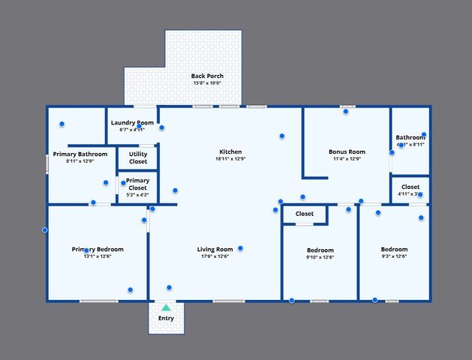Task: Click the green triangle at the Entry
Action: pyautogui.click(x=166, y=307)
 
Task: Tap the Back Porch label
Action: pyautogui.click(x=207, y=76)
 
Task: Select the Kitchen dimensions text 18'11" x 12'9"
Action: pyautogui.click(x=230, y=159)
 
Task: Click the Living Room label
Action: pyautogui.click(x=214, y=250)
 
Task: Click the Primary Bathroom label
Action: pyautogui.click(x=80, y=154)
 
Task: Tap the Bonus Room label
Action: pyautogui.click(x=347, y=151)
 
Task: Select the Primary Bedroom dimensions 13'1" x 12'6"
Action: pyautogui.click(x=87, y=257)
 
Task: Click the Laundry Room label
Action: pyautogui.click(x=133, y=122)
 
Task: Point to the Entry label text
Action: pyautogui.click(x=166, y=319)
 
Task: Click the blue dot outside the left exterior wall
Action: pyautogui.click(x=45, y=229)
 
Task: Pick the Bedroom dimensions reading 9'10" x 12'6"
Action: pyautogui.click(x=320, y=257)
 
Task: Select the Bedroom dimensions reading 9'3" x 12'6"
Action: pyautogui.click(x=394, y=257)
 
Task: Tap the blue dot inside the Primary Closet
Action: pyautogui.click(x=124, y=182)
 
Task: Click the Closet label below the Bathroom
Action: pyautogui.click(x=410, y=187)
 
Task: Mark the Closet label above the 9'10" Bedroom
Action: pyautogui.click(x=305, y=214)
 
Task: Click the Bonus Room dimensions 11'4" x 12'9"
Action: pyautogui.click(x=347, y=159)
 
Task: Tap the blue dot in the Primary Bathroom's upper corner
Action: pyautogui.click(x=62, y=124)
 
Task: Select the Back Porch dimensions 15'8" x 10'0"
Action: pyautogui.click(x=207, y=83)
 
